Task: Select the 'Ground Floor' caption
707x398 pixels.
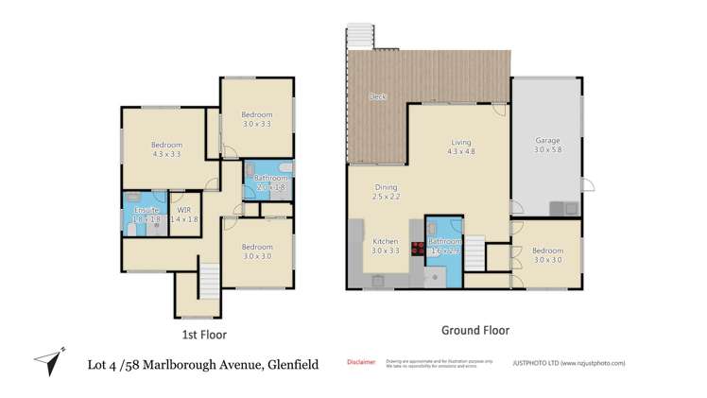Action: pos(475,330)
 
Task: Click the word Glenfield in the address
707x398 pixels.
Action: pos(288,364)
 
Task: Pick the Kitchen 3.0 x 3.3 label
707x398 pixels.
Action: pos(385,246)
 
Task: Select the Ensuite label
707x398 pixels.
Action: pos(147,214)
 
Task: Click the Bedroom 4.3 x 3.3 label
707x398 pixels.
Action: pos(166,149)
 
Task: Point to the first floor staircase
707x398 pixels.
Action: pos(208,282)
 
